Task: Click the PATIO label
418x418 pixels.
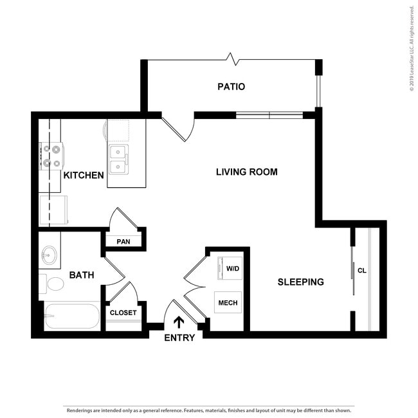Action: click(232, 86)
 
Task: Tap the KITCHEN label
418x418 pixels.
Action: click(84, 175)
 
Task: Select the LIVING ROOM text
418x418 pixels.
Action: click(246, 172)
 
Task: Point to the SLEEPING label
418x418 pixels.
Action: click(300, 282)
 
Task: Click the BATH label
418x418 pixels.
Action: click(82, 275)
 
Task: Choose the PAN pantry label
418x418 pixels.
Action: click(123, 242)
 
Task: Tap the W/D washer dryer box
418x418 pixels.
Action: click(232, 268)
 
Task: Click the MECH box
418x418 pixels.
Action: click(228, 303)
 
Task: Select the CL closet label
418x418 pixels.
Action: click(361, 271)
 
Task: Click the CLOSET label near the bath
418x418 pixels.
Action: click(123, 313)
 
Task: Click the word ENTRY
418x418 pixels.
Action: click(179, 338)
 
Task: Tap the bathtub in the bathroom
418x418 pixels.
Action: click(71, 316)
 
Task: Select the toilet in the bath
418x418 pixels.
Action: click(51, 284)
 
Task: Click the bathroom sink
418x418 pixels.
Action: click(49, 257)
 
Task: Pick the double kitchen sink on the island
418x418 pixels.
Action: click(118, 159)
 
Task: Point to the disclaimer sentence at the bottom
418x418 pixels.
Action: click(208, 410)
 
